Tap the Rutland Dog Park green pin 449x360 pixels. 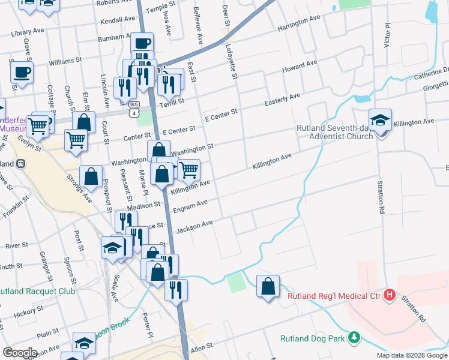click(355, 338)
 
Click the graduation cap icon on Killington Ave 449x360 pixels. click(380, 121)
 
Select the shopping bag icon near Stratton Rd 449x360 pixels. click(268, 286)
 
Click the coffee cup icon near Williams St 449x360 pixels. click(22, 73)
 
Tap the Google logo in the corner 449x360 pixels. click(19, 352)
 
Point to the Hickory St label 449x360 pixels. click(25, 313)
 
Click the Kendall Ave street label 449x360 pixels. click(118, 20)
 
